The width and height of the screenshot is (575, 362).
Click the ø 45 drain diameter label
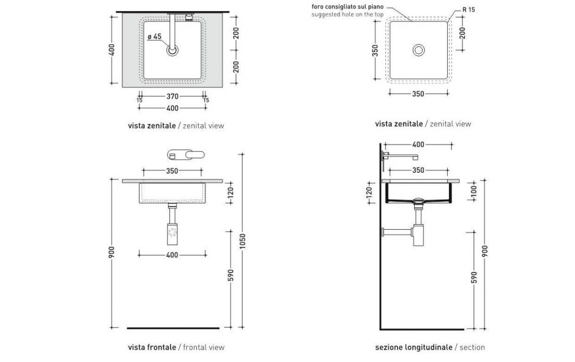[x=154, y=36]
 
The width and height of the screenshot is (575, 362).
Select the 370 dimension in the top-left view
[x=172, y=96]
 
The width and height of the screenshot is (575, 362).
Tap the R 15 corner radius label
[x=469, y=10]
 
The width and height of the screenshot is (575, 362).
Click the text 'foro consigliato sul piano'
[x=347, y=7]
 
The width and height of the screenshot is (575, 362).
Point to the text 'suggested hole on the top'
[x=347, y=15]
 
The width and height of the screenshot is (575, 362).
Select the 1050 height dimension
[x=242, y=241]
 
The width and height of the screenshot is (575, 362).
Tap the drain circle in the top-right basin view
[x=418, y=50]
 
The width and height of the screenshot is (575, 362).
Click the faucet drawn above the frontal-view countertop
[x=186, y=154]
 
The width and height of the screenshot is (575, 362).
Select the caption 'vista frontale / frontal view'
[x=176, y=347]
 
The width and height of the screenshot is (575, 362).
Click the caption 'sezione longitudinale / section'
[x=430, y=347]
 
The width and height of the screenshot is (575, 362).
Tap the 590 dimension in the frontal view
[x=231, y=276]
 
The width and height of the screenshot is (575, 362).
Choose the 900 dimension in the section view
[x=485, y=251]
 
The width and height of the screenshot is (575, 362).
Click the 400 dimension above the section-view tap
[x=418, y=145]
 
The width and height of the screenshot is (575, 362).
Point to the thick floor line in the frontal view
[x=173, y=328]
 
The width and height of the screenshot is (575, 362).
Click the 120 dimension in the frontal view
[x=231, y=192]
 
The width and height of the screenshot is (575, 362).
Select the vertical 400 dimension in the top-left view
[x=112, y=50]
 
